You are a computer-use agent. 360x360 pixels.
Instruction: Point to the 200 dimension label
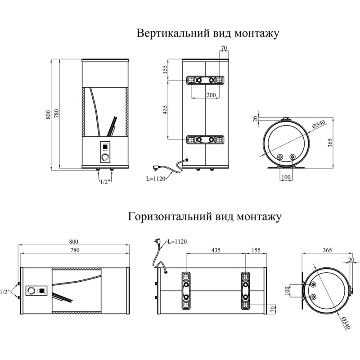pyautogui.click(x=211, y=95)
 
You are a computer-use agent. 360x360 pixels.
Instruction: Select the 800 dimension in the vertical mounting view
pyautogui.click(x=49, y=115)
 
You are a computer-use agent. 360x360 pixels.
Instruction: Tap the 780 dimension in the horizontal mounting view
pyautogui.click(x=75, y=250)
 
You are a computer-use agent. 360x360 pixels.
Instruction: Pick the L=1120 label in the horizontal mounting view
pyautogui.click(x=177, y=242)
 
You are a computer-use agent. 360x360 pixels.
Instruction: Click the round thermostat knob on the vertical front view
pyautogui.click(x=105, y=157)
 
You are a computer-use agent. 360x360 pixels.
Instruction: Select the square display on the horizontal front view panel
pyautogui.click(x=41, y=290)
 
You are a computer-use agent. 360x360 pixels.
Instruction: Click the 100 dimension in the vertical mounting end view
pyautogui.click(x=285, y=177)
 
